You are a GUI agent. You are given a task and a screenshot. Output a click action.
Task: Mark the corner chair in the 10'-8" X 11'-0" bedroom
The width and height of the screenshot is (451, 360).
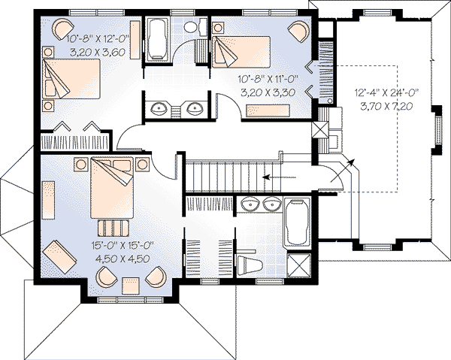tap(298, 30)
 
